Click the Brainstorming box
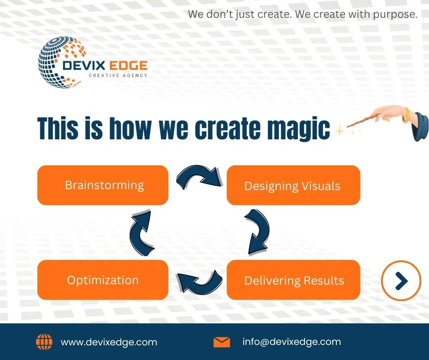pos(103,185)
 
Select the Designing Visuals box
pos(293,185)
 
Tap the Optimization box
pos(103,280)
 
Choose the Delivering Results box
pos(293,280)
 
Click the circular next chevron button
pos(401,281)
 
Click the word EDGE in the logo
pos(128,65)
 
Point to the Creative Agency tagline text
pos(118,75)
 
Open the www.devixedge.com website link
pos(109,342)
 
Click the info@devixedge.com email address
pos(292,342)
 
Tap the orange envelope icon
pos(222,342)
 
